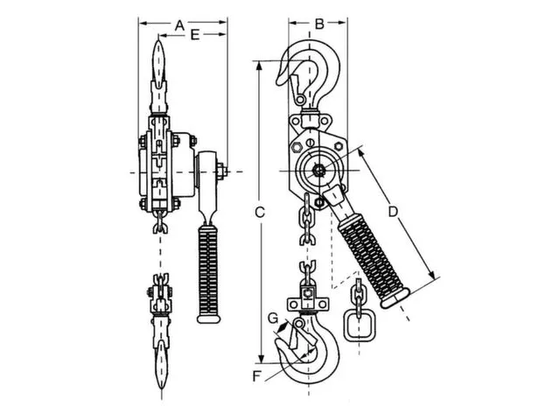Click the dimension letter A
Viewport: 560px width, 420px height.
179,26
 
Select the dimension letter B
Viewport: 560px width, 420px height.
319,24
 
